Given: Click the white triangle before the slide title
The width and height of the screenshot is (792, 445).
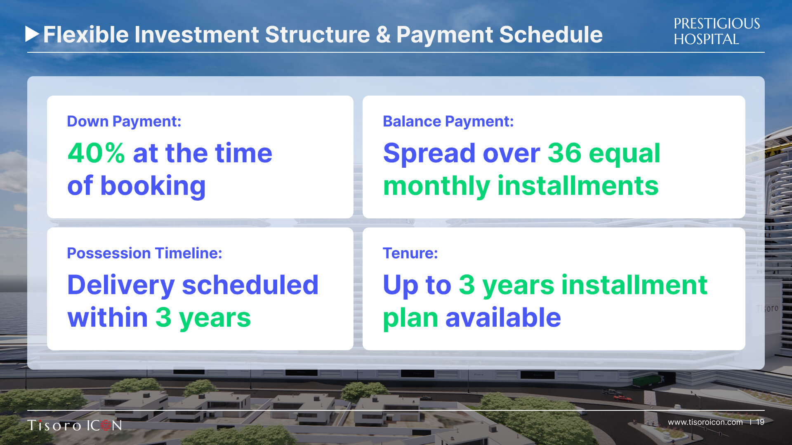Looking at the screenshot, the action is point(32,34).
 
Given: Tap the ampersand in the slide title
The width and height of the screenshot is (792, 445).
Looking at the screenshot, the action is point(383,35).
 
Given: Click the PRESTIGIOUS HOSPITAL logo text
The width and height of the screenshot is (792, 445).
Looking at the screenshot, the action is point(717,31).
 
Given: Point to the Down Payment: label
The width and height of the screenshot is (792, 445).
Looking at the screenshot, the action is point(124,122).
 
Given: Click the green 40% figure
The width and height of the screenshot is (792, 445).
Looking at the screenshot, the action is point(96,153).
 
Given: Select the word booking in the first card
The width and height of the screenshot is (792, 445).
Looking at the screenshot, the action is point(153,186).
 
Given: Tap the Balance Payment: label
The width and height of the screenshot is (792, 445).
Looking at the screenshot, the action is point(448,122).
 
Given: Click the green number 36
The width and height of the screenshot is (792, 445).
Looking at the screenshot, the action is point(564,153).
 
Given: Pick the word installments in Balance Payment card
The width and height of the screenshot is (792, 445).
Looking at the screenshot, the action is point(578,186).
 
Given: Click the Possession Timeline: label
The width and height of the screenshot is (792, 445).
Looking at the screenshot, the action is point(144,253).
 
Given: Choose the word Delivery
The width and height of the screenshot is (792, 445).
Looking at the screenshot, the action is point(121,286).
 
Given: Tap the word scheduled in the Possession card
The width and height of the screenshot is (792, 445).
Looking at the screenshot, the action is point(250,285).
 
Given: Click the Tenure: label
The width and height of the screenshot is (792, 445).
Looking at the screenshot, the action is point(410,253).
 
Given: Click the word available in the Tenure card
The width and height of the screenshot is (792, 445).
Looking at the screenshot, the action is point(503,318).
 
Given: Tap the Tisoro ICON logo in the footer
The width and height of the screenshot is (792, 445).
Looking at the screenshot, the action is point(75,425).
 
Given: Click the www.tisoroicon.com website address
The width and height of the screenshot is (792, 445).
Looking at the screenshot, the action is point(705,422).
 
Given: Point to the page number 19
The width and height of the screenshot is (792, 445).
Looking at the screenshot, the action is point(760,422).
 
